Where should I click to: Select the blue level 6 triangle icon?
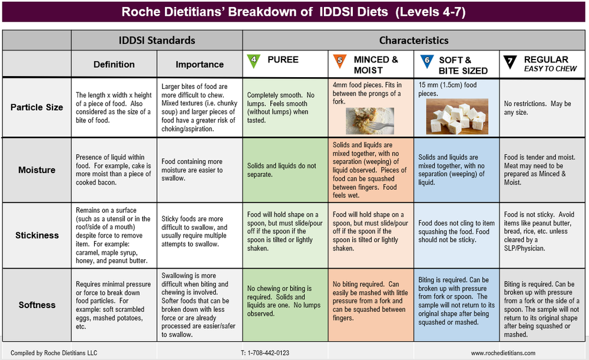click(426, 60)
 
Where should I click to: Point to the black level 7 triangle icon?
click(509, 60)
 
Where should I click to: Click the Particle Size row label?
click(37, 107)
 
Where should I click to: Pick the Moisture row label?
click(37, 170)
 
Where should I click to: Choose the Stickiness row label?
click(37, 235)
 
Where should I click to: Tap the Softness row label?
click(37, 305)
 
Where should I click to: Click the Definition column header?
click(114, 64)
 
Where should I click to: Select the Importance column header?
click(200, 64)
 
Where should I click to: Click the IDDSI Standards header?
click(157, 40)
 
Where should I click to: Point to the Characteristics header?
click(413, 40)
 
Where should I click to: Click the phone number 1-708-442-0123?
click(265, 353)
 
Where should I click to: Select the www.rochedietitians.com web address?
click(503, 353)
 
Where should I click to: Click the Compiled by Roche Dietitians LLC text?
click(54, 353)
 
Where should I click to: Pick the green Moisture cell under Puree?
click(285, 170)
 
